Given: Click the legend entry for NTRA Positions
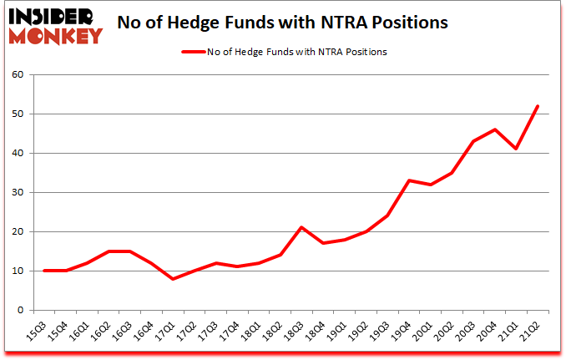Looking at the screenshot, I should coord(284,52).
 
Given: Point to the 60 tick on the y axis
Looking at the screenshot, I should coord(18,74).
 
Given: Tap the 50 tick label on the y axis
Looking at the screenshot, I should coord(18,114).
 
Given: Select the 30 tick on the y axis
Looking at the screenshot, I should coord(18,192).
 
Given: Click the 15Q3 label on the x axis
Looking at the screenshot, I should coord(38,332).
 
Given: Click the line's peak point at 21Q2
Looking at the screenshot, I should coord(538,106).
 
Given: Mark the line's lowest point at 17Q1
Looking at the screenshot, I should coord(173,279).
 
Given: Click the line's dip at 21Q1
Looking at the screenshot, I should coord(516,149).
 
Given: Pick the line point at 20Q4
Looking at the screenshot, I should coord(494,129).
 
